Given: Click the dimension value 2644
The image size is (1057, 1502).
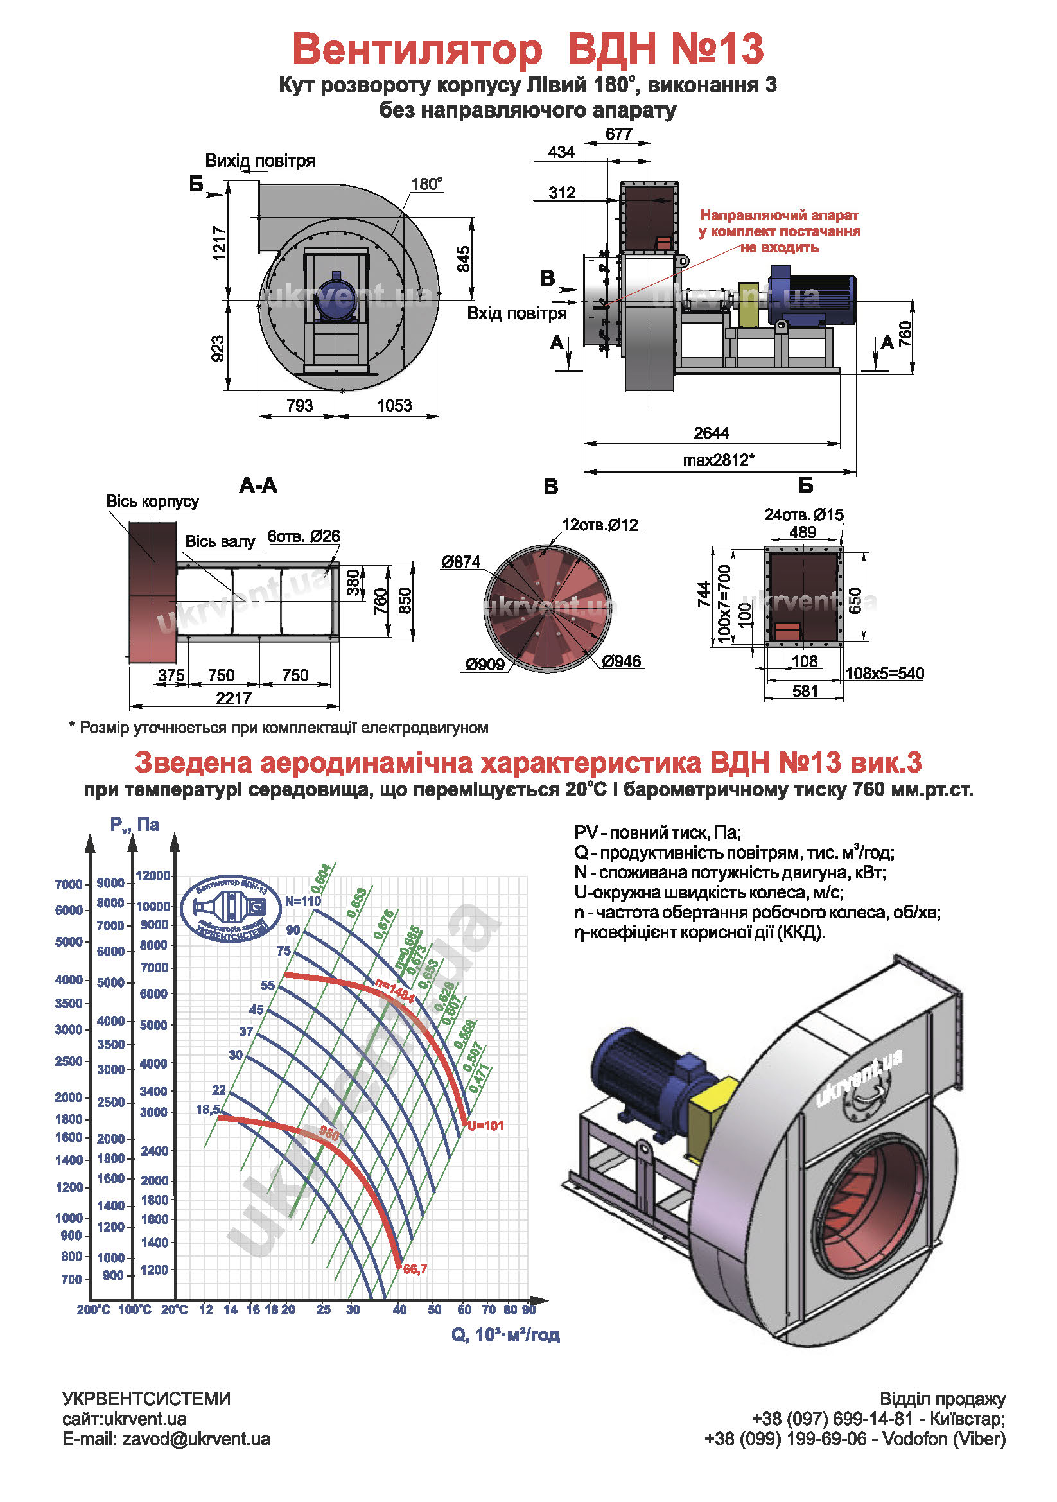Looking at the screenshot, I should coord(711,433).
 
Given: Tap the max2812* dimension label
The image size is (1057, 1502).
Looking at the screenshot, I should coord(719,460).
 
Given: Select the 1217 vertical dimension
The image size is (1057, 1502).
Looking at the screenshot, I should coord(220,243).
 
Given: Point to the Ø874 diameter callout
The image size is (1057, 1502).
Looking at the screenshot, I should coord(460,562).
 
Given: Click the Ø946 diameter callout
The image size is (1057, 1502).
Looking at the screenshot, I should coord(622,661).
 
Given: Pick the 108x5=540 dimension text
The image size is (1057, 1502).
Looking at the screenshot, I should coord(884,673).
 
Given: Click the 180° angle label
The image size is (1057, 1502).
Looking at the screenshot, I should coord(426,184).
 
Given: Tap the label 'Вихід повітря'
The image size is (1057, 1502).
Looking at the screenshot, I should coord(259,161).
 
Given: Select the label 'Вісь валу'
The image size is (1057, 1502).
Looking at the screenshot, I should coord(220,542).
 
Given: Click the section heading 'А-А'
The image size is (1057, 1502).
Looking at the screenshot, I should coord(258,485).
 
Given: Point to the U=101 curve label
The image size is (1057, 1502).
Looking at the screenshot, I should coord(485,1126).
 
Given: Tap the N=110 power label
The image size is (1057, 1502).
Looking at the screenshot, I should coord(303,901).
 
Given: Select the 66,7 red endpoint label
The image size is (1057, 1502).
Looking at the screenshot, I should coord(415,1269).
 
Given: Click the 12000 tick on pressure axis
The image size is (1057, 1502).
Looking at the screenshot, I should coord(153,876).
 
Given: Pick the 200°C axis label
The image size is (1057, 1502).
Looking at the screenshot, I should coord(94,1309).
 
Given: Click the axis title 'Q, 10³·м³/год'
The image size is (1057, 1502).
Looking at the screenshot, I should coord(505,1334).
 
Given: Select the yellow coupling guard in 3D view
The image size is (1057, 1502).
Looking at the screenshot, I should coord(712,1115).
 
